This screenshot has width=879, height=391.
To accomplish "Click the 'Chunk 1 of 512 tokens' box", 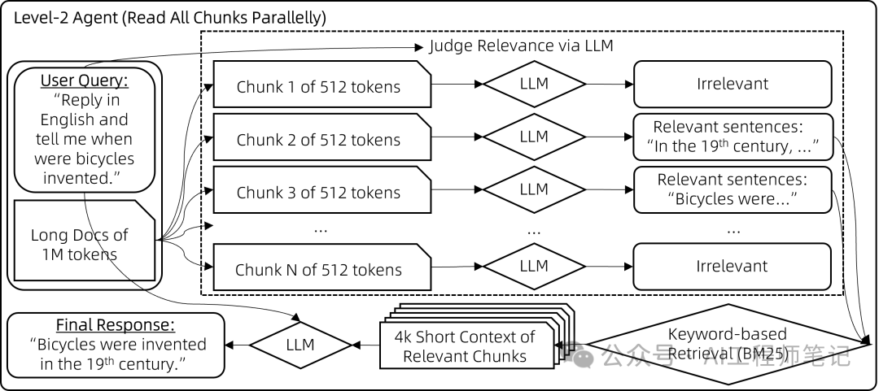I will [x=318, y=86].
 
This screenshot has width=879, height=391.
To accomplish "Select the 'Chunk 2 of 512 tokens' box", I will [x=318, y=139].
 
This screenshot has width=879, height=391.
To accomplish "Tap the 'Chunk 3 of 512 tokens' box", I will [x=318, y=193].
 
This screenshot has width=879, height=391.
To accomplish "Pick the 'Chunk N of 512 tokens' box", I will [x=318, y=269].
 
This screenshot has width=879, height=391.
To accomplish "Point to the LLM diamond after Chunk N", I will [x=534, y=266].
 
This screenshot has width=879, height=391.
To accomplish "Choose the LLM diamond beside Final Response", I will [x=300, y=345].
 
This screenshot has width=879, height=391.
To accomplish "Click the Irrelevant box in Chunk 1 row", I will [x=732, y=83].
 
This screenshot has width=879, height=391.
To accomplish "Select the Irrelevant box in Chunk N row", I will [x=732, y=266].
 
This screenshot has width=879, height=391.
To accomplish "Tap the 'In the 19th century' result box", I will [x=732, y=137].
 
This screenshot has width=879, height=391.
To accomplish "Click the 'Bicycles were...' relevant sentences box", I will [x=732, y=189].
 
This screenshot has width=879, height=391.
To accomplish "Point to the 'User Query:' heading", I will [x=85, y=81].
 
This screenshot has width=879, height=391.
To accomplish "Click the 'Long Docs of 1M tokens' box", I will [x=79, y=244].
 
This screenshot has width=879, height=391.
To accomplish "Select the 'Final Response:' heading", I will [x=115, y=325].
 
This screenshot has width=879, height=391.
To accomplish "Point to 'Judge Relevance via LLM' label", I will [x=522, y=46].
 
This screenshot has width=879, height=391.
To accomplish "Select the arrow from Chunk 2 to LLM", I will [x=457, y=137].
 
